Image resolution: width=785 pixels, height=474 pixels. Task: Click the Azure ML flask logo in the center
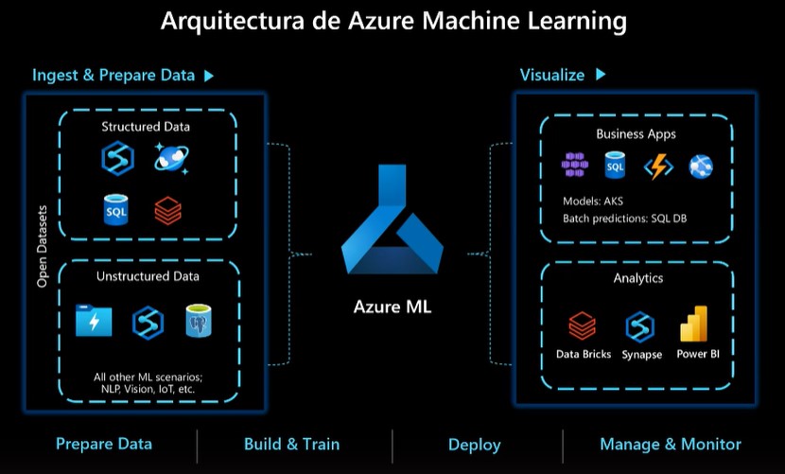coord(392,223)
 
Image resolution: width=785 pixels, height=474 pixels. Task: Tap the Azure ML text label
coord(392,307)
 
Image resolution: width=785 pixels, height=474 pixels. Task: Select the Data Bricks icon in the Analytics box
coord(582,326)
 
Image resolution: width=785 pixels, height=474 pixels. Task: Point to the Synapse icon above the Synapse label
coord(640,326)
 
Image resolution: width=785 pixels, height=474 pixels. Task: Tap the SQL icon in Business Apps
coord(615,167)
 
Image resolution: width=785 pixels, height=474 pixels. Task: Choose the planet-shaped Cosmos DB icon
coord(171,158)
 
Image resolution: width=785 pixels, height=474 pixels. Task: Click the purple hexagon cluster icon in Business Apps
coord(574,167)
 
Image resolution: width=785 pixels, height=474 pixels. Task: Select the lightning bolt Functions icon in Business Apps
coord(657,167)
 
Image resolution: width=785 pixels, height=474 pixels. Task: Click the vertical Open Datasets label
coord(42,245)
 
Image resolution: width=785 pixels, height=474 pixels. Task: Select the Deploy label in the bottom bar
coord(474,445)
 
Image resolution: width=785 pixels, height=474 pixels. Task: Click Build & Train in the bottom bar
coord(291,444)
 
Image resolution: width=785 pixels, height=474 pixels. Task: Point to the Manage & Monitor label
coord(671,444)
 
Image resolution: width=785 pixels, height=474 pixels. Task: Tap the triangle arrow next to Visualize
coord(600,75)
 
